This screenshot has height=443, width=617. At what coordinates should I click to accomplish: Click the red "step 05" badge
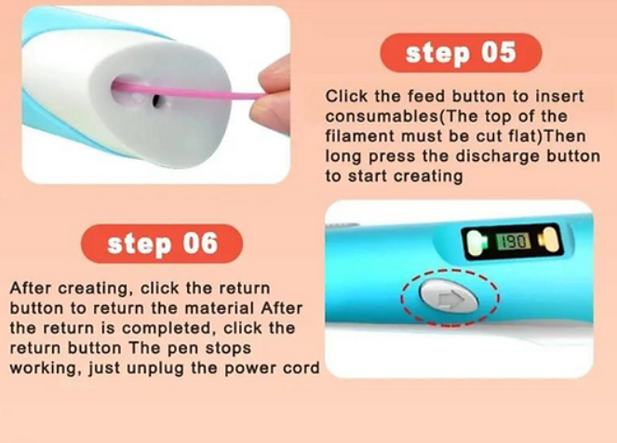(461, 53)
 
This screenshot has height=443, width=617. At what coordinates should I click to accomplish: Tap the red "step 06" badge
(162, 244)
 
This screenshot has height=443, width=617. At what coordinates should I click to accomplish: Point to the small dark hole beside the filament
(156, 101)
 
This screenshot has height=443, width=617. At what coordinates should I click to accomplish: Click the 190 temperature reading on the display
(514, 241)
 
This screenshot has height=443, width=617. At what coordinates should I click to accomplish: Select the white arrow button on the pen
(449, 296)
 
